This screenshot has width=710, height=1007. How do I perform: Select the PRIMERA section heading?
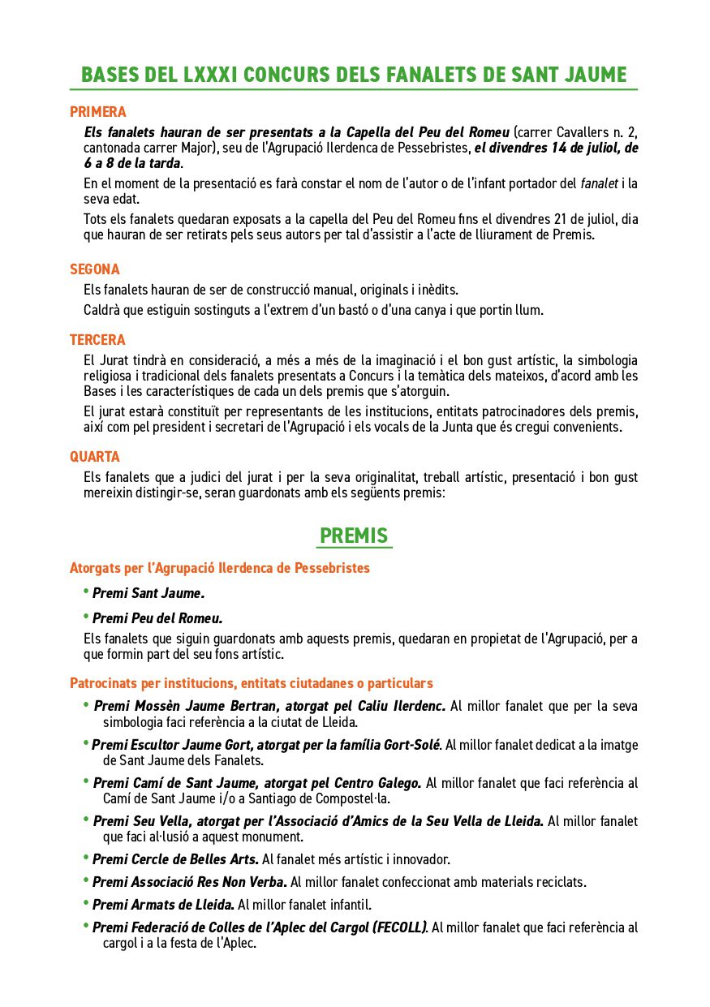[x=97, y=112]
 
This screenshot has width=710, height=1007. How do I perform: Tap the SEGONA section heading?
[x=94, y=269]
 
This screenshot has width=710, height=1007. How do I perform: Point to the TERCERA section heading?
[x=97, y=340]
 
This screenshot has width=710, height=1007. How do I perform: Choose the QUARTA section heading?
[x=94, y=457]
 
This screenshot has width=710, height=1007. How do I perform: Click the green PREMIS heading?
[x=354, y=536]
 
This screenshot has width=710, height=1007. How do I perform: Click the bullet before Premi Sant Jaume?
[x=86, y=591]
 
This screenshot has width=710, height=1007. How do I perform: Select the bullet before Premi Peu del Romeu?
[x=86, y=616]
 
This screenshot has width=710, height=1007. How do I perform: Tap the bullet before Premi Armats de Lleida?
[x=86, y=902]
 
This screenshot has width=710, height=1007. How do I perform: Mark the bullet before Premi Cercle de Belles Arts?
[x=86, y=857]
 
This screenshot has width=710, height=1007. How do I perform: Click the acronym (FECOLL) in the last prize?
[x=399, y=927]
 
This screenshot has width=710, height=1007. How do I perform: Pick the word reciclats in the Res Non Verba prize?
[x=560, y=882]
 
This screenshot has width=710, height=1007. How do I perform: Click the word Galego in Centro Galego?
[x=398, y=783]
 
